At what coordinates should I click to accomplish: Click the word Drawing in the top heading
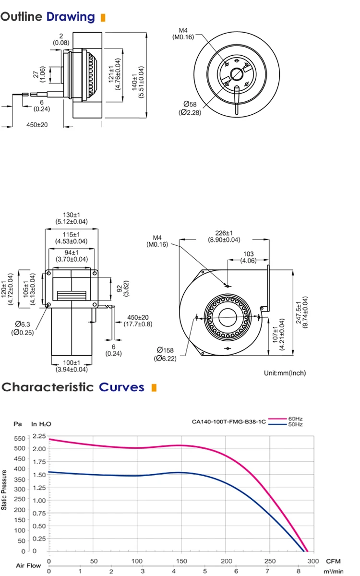pyautogui.click(x=71, y=17)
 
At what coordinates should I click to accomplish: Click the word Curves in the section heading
pyautogui.click(x=121, y=387)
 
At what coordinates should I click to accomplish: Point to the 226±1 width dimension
pyautogui.click(x=224, y=233)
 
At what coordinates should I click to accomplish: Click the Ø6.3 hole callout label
pyautogui.click(x=23, y=324)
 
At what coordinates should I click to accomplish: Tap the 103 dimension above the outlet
pyautogui.click(x=248, y=254)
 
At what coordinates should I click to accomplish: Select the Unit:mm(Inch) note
pyautogui.click(x=285, y=373)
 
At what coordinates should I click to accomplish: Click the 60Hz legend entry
pyautogui.click(x=295, y=419)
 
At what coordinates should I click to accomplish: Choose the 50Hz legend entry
pyautogui.click(x=295, y=424)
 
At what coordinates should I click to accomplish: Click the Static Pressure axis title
pyautogui.click(x=4, y=490)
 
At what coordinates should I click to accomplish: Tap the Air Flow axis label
pyautogui.click(x=28, y=565)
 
